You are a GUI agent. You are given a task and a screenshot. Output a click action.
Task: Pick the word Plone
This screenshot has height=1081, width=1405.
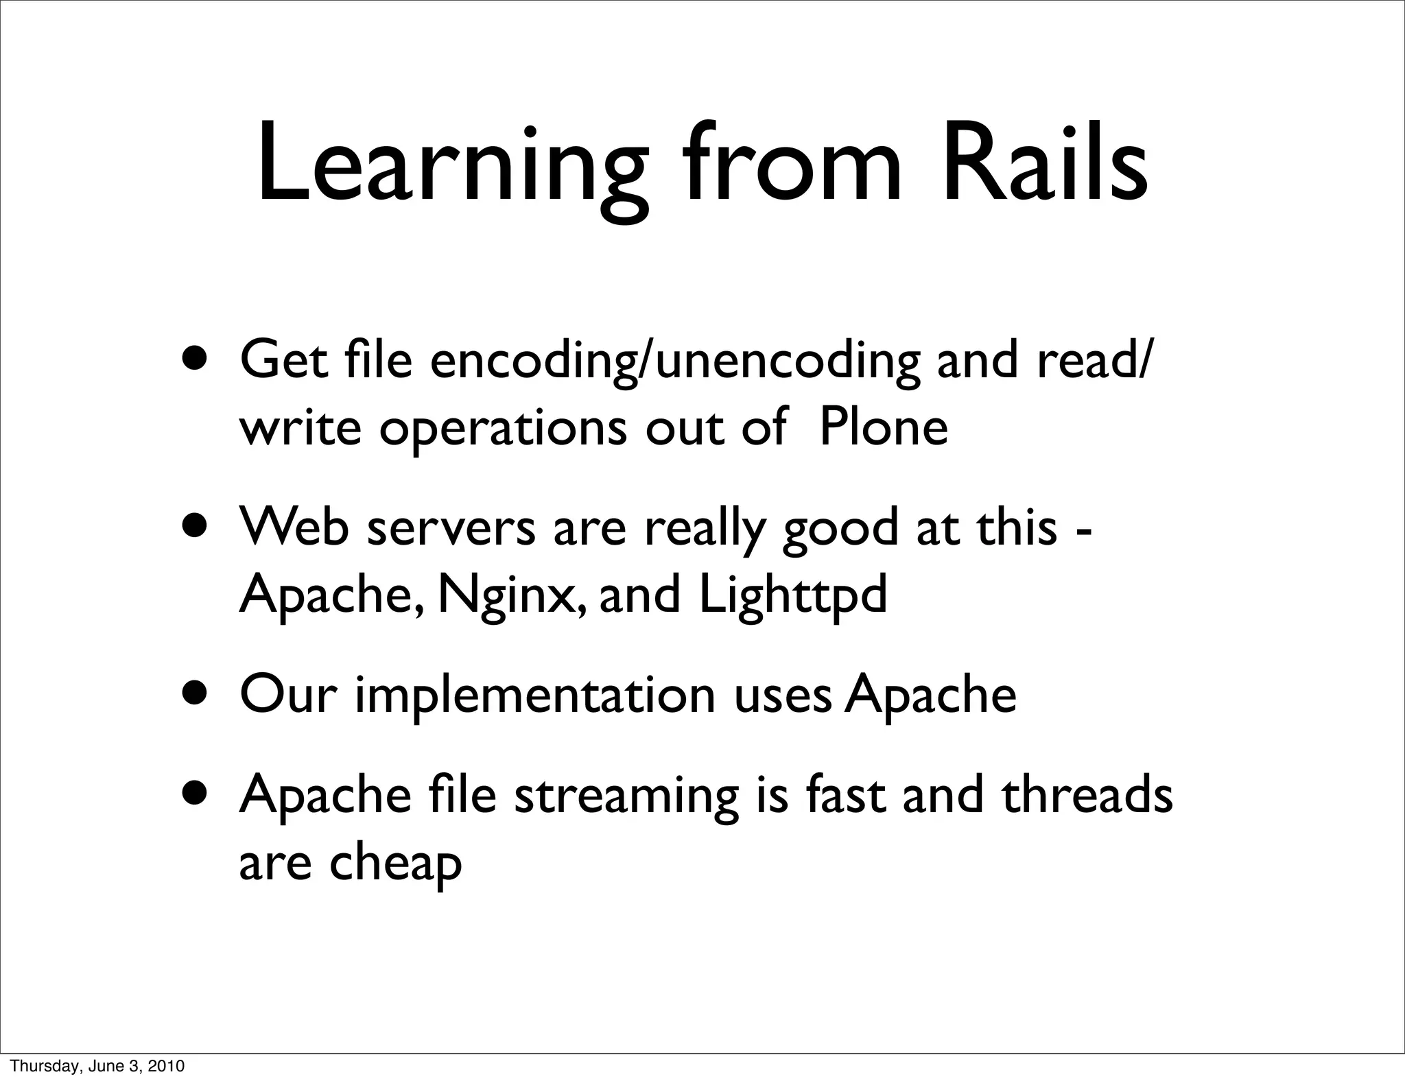pyautogui.click(x=884, y=427)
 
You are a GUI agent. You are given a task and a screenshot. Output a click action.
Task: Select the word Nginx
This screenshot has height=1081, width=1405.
pyautogui.click(x=512, y=595)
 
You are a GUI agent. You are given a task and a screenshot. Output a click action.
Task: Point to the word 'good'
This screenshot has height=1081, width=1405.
pyautogui.click(x=840, y=530)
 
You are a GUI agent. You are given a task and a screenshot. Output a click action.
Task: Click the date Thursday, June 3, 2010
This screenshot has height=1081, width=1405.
pyautogui.click(x=98, y=1066)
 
